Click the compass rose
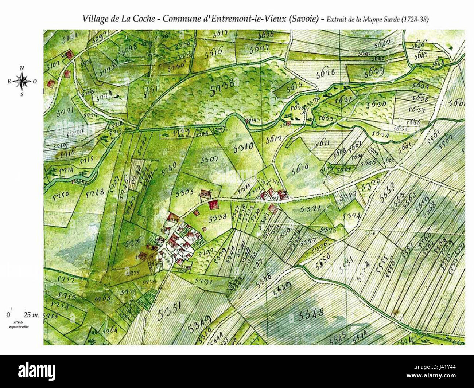[x=22, y=81]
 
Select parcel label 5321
[x=310, y=209]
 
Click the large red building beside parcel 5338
[x=213, y=204]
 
